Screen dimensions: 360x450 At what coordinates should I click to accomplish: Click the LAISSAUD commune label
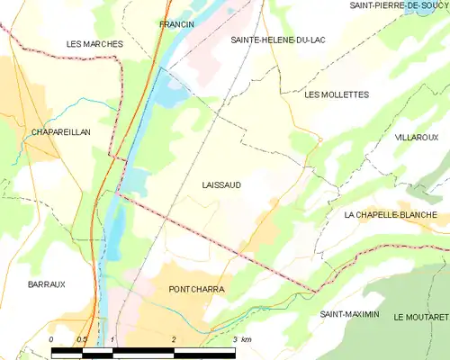(x=221, y=184)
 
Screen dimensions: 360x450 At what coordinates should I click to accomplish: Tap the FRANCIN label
(x=176, y=24)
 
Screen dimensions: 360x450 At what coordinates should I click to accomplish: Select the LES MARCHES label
(x=94, y=43)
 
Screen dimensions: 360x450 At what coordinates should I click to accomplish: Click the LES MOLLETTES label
(x=337, y=94)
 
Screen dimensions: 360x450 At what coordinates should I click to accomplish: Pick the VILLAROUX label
(x=416, y=138)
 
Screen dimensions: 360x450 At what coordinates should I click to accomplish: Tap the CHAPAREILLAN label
(x=60, y=131)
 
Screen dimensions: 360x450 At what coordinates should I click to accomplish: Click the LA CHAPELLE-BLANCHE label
(x=391, y=215)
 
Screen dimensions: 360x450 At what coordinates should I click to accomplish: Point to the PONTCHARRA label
(x=196, y=290)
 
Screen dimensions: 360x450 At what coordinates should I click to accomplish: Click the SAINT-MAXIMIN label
(x=350, y=315)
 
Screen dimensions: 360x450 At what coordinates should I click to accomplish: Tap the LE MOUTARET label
(x=420, y=318)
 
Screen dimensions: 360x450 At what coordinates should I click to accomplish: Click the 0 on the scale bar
(x=51, y=339)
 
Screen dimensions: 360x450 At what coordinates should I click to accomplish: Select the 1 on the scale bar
(x=112, y=339)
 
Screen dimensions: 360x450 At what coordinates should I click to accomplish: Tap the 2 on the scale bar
(x=173, y=339)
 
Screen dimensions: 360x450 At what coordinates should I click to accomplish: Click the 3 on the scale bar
(x=234, y=339)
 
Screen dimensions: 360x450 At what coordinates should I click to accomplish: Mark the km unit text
(x=247, y=339)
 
